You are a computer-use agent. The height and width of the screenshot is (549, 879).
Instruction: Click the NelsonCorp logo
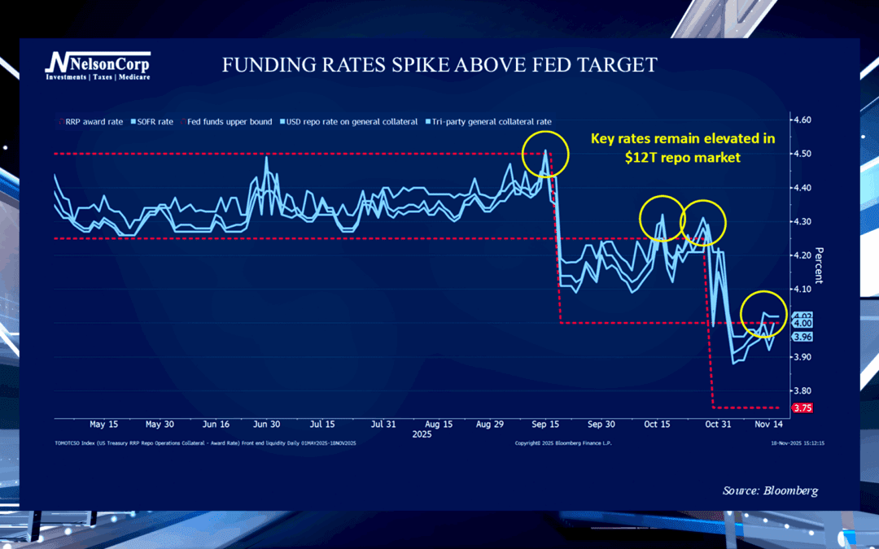(97, 66)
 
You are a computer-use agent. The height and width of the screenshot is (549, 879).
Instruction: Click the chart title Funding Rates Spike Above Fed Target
(439, 66)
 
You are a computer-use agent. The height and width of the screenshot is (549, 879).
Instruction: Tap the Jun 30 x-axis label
(267, 425)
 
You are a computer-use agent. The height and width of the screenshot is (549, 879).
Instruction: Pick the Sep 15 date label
(545, 425)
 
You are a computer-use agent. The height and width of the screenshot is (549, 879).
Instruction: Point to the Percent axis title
(819, 265)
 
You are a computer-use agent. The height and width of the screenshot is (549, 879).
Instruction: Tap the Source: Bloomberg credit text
(770, 490)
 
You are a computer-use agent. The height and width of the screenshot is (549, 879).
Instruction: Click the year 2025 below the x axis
(421, 435)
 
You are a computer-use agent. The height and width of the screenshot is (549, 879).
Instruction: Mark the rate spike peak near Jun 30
(267, 157)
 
